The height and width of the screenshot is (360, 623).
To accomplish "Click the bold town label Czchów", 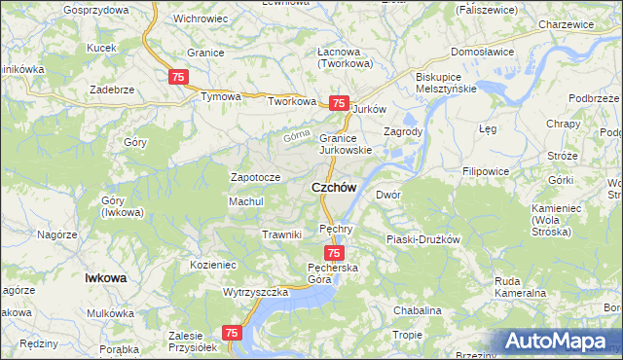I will [x=333, y=188].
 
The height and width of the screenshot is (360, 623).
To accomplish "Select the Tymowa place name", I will [x=220, y=97].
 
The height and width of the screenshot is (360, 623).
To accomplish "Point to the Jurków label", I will [x=370, y=109].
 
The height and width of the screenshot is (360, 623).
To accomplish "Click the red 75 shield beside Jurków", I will [x=339, y=103].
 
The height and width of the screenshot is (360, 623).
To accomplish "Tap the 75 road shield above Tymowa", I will [x=178, y=77].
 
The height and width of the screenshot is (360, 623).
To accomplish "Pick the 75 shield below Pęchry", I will [x=334, y=253].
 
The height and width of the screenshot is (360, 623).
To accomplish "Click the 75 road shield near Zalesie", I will [x=232, y=333].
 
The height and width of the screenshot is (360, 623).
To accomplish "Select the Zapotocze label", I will [x=255, y=177].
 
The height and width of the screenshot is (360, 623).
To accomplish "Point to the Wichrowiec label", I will [x=201, y=18].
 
